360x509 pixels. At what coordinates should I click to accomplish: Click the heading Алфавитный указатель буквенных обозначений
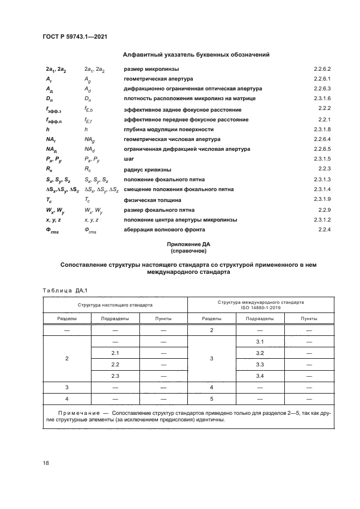(x=197, y=54)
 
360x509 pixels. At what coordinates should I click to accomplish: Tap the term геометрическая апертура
(x=158, y=79)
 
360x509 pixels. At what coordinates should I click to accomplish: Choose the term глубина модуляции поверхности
(x=168, y=130)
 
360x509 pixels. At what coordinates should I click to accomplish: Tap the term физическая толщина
(x=151, y=200)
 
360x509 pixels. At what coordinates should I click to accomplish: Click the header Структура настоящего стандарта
(x=115, y=305)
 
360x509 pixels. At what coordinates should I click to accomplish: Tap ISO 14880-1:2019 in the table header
(x=261, y=308)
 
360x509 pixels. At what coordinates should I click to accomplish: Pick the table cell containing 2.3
(x=115, y=376)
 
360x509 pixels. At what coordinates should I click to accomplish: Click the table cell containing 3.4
(x=260, y=376)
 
